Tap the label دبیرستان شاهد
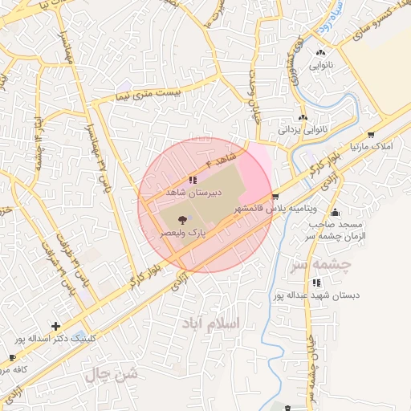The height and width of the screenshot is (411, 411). point(188,193)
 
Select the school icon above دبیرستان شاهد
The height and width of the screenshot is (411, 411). point(192,181)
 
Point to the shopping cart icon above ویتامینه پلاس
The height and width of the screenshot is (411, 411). point(276,196)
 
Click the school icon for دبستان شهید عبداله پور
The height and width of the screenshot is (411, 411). point(318,283)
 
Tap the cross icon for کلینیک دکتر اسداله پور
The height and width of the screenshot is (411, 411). point(55,326)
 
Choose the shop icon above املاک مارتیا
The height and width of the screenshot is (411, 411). point(371,135)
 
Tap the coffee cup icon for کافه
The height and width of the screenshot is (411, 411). point(12,357)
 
